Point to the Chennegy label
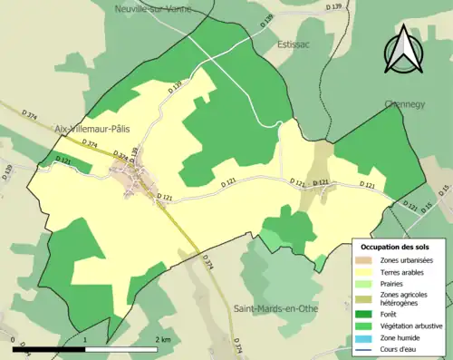(x=404, y=103)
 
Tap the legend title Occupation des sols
(x=395, y=247)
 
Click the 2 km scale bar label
(x=163, y=339)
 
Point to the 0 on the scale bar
(x=14, y=339)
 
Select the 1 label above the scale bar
(x=86, y=339)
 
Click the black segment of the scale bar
(x=50, y=349)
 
